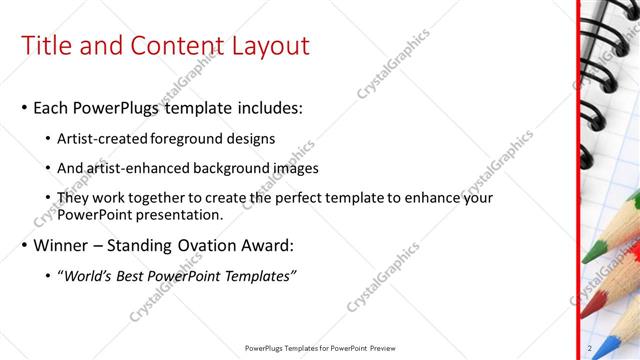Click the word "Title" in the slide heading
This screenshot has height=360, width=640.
tap(45, 46)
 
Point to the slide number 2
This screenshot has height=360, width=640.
tap(591, 348)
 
